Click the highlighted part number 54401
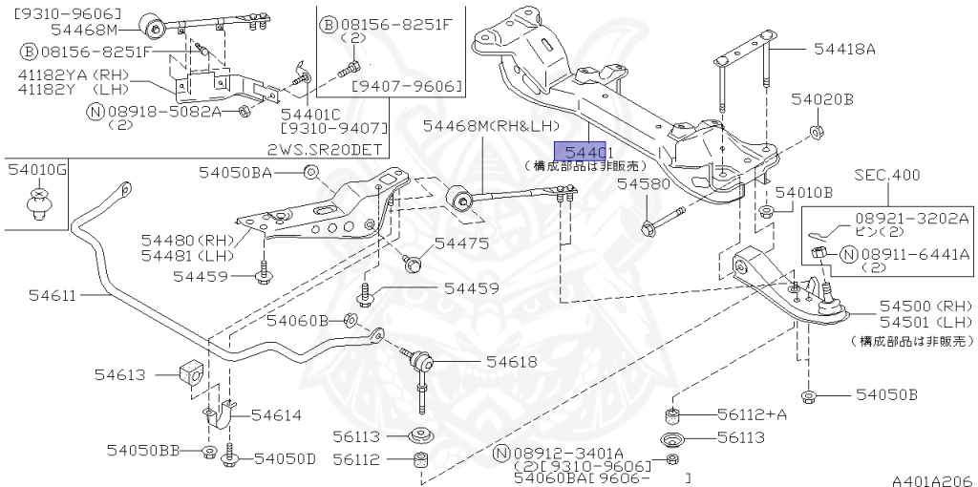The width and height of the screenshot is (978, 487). point(583,152)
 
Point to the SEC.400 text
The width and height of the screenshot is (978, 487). point(887,175)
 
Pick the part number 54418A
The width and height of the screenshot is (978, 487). point(844,48)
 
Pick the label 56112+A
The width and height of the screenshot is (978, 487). point(751,414)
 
